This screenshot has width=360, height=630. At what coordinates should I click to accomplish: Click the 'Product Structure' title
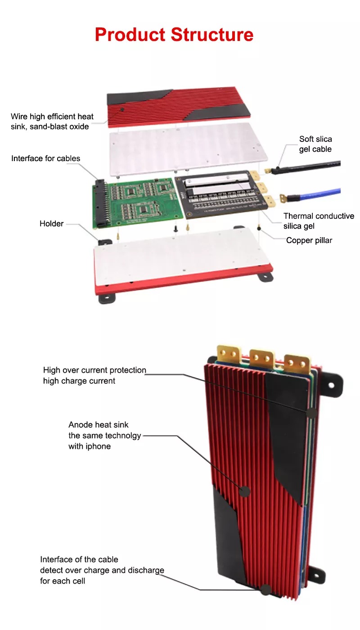[174, 35]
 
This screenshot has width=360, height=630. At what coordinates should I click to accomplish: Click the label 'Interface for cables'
[46, 158]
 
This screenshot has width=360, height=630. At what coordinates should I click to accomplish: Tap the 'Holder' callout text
[52, 224]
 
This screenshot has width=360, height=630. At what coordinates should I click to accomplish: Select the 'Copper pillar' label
[309, 240]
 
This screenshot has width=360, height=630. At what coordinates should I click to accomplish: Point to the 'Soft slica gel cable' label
[315, 144]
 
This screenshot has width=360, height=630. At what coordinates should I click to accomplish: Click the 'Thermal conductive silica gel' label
[319, 221]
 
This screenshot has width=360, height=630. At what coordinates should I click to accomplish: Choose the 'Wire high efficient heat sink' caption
[52, 121]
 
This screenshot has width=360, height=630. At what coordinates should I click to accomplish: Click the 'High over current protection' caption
[94, 375]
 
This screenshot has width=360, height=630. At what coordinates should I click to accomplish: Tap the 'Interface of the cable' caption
[79, 559]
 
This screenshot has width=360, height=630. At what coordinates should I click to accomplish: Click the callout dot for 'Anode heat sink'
[245, 491]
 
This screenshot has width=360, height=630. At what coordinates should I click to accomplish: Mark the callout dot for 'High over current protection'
[311, 412]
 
